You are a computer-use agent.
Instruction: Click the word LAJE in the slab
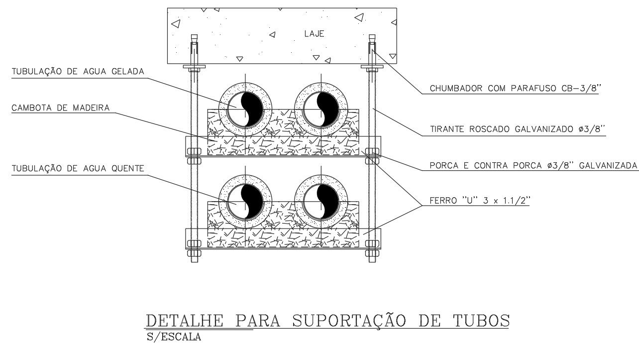[x=314, y=34]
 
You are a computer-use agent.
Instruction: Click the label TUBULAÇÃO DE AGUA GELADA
[x=78, y=72]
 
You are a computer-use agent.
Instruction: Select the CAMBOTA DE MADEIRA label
[x=61, y=108]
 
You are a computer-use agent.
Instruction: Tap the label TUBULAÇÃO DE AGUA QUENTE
[x=78, y=169]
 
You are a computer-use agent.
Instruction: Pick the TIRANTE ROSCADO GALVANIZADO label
[x=517, y=129]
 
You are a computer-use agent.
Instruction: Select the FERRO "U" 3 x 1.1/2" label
[x=480, y=202]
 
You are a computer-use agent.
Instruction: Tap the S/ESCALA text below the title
[x=174, y=337]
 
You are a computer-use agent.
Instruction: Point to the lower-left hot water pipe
[x=246, y=202]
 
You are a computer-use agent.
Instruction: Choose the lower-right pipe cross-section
[x=321, y=202]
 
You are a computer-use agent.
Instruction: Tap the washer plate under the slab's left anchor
[x=194, y=66]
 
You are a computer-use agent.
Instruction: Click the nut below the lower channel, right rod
[x=372, y=252]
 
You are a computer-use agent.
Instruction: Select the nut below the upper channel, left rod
[x=194, y=160]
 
